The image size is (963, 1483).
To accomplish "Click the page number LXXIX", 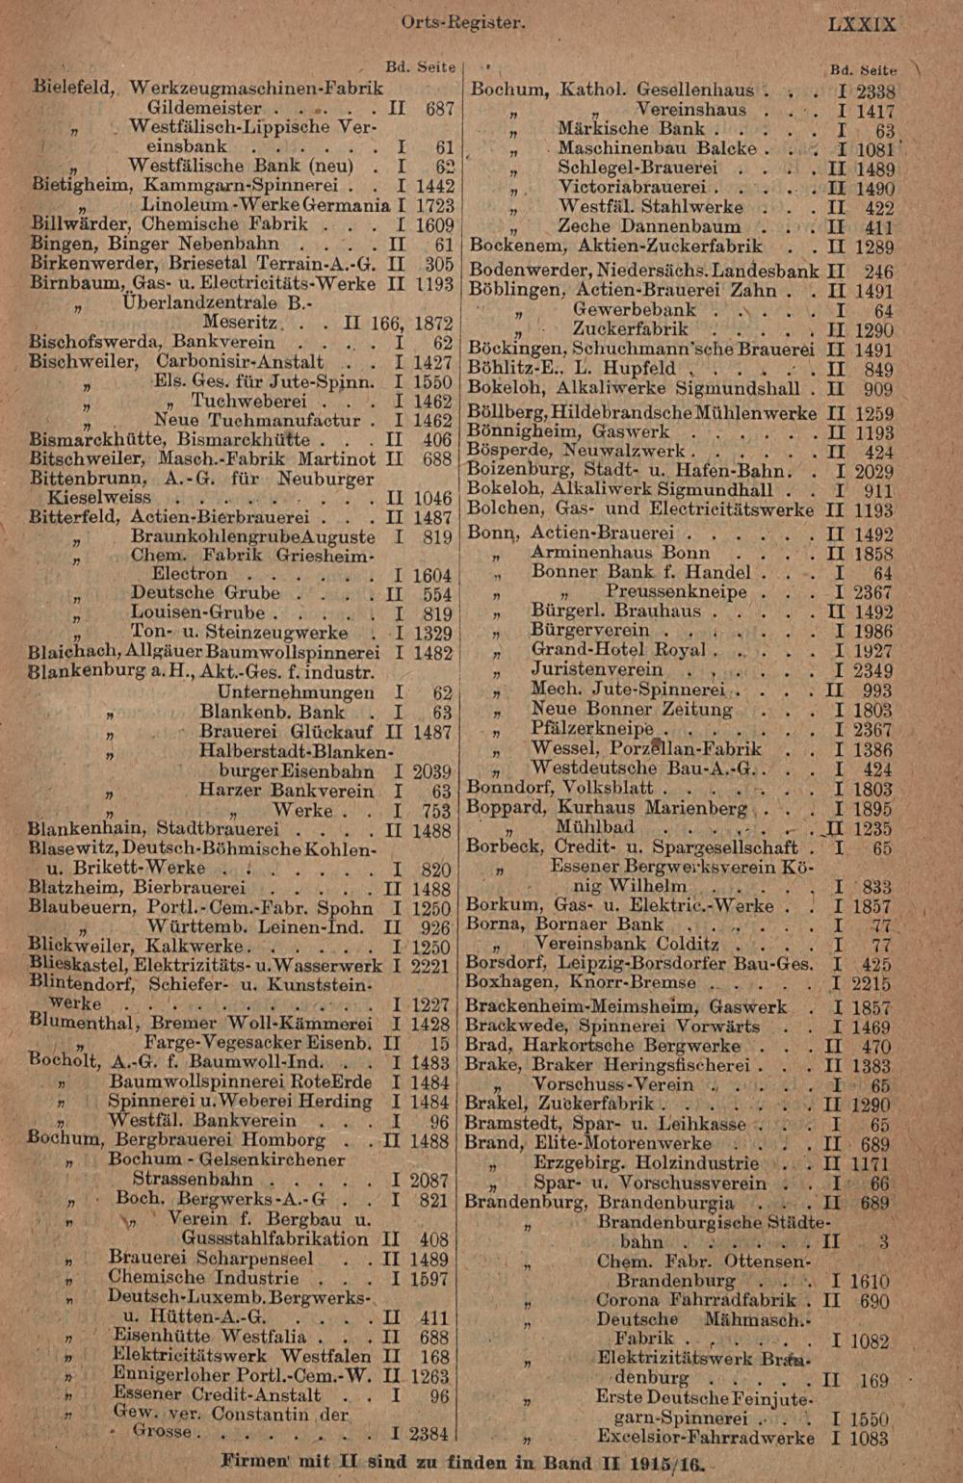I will [862, 24].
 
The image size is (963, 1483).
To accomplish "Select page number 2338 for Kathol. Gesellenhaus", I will [875, 91].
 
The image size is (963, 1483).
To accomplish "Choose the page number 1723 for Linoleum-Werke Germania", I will [433, 206].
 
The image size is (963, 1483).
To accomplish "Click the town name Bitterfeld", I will [75, 517].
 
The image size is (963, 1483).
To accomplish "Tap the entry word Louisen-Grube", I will [197, 613].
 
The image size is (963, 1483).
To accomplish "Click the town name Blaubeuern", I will [77, 907].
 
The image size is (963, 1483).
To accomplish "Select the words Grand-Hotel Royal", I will [618, 650].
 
